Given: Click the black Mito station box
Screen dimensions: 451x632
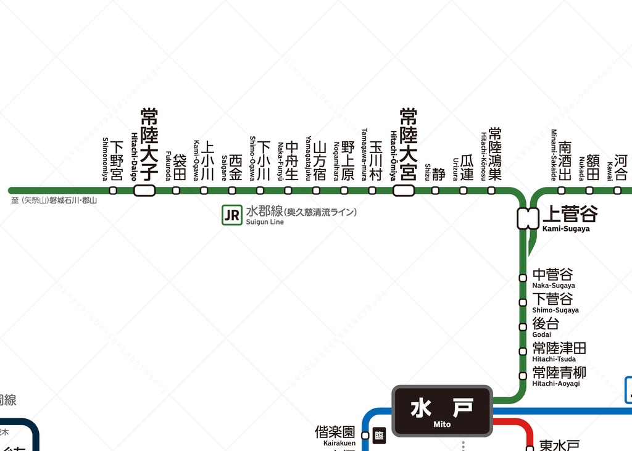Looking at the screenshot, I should point(442,411).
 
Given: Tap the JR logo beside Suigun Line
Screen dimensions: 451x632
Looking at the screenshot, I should point(232,215).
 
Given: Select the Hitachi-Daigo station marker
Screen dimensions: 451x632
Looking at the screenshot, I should point(144,191).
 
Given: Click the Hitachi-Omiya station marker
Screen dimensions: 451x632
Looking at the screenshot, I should point(404,191).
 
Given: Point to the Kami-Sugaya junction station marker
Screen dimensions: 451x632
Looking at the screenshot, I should point(528,218).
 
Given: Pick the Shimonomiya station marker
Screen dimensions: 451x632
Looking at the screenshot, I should point(113,191).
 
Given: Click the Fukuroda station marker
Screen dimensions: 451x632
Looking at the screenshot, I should point(176,191).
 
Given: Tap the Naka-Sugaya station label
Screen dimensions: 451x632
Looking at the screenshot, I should point(553,278).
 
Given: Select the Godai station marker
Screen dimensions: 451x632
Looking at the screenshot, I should point(523,326).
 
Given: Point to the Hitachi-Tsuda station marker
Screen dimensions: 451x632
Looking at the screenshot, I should point(523,351).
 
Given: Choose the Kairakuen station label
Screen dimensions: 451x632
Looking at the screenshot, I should point(335,434).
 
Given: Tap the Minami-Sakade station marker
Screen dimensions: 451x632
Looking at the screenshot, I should point(561,191).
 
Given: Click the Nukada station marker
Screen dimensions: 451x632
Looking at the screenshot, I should point(589,191).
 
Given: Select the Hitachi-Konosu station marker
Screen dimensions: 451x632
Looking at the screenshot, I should point(491,191).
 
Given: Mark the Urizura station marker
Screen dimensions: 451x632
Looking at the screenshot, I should point(463,191).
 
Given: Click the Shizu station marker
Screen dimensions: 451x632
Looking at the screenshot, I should point(435,191).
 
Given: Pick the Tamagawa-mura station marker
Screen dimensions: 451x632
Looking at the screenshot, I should point(372,191).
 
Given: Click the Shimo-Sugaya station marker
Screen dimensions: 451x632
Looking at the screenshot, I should point(523,302).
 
